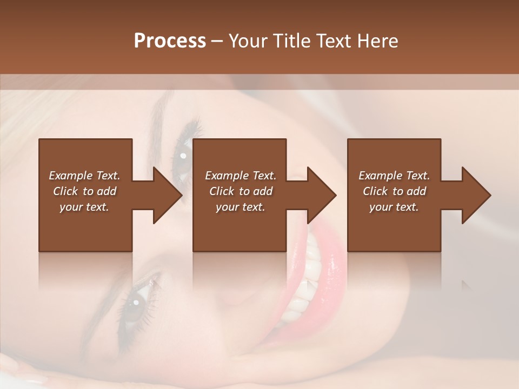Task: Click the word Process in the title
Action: coord(170,41)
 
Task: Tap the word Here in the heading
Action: coord(376,41)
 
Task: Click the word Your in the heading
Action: coord(250,41)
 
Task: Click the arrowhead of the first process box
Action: coord(168,195)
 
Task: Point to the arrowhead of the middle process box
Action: coord(322,195)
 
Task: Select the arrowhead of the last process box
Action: coord(476,195)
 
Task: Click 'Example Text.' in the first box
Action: coord(85,176)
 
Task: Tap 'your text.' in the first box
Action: coord(85,207)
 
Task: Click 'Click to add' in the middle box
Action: coord(241,191)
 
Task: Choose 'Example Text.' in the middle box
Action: coord(241,176)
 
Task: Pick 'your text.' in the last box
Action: coord(394,207)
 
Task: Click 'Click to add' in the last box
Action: coord(394,191)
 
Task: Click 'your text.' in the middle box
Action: coord(241,207)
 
